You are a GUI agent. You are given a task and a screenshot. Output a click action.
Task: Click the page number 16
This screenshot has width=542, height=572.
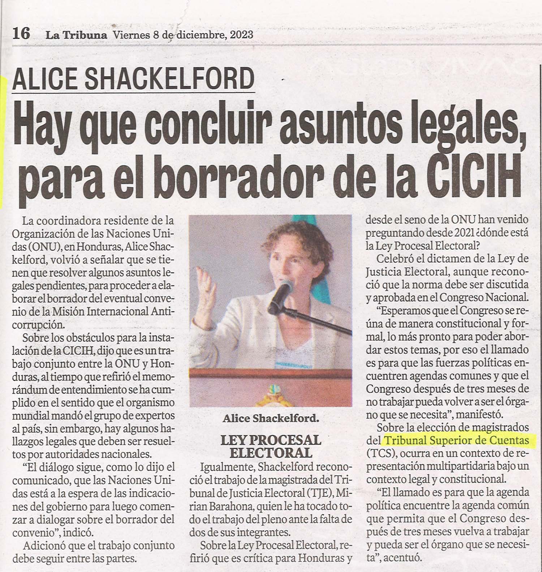21,35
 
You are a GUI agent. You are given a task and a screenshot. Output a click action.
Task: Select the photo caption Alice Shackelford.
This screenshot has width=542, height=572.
271,419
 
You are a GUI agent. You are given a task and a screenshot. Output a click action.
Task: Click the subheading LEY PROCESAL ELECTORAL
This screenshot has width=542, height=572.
271,446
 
